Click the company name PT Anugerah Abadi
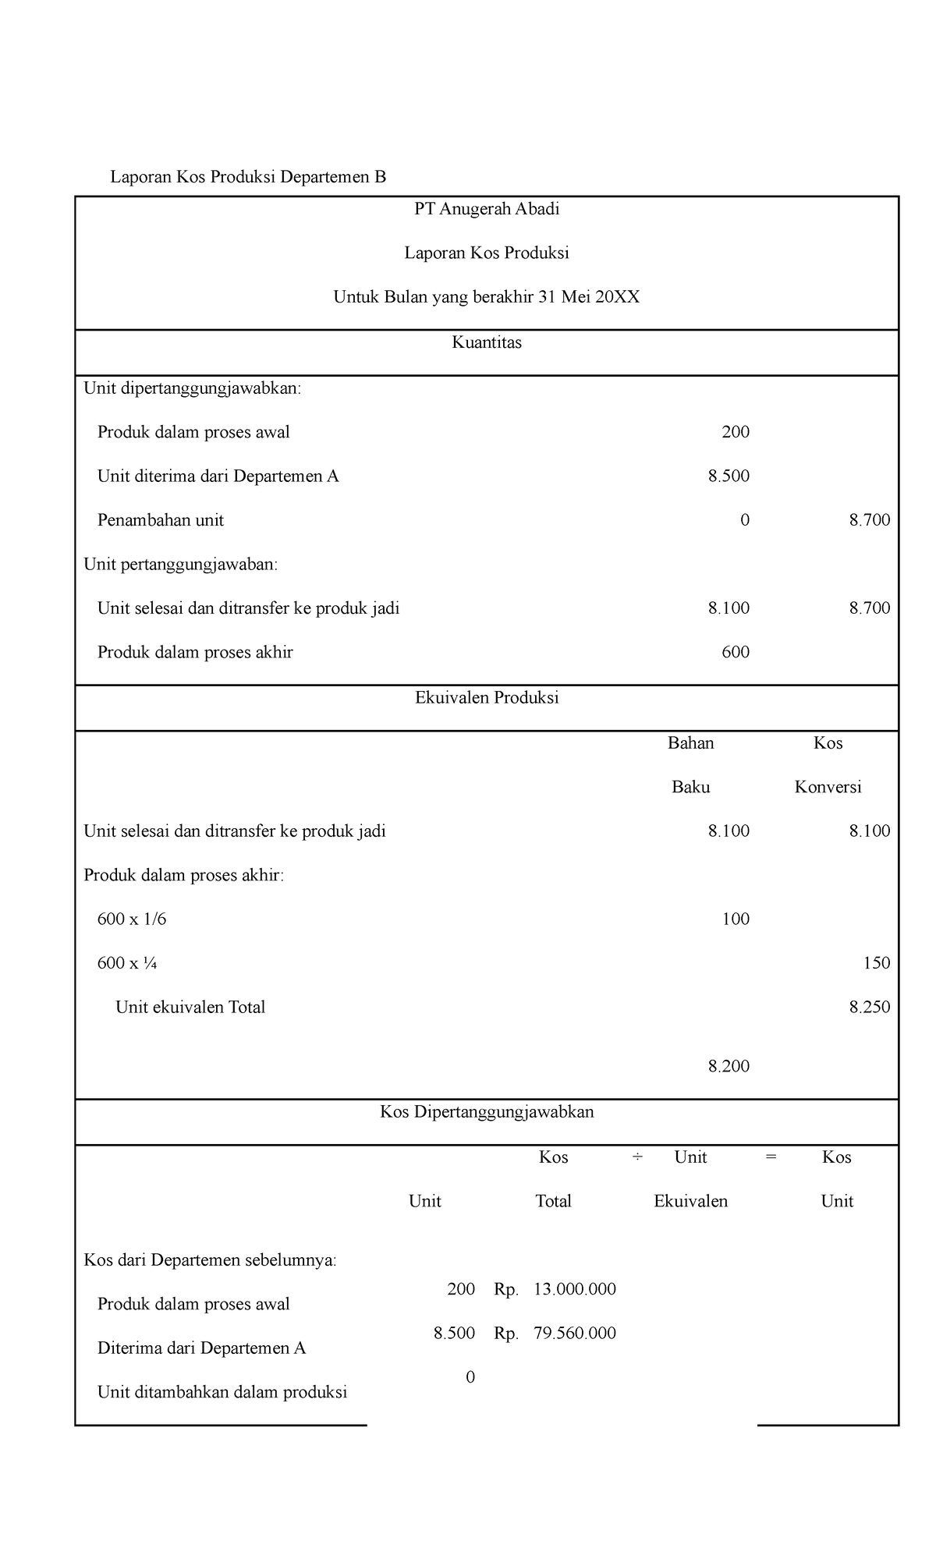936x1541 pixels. tap(487, 209)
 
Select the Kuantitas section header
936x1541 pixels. tap(487, 342)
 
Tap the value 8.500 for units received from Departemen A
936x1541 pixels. tap(729, 476)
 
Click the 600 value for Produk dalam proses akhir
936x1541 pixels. tap(736, 653)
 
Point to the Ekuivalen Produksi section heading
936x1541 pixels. tap(487, 698)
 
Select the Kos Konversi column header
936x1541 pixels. tap(828, 765)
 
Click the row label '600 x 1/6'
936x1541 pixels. tap(132, 919)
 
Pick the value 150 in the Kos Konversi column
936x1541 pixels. tap(876, 963)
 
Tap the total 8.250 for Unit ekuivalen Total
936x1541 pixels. tap(869, 1008)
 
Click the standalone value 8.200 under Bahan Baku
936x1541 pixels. tap(729, 1067)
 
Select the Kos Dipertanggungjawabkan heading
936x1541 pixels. tap(487, 1112)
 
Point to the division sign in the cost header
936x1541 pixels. tap(637, 1157)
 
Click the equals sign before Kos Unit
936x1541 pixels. tap(771, 1157)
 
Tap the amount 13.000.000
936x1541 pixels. tap(574, 1290)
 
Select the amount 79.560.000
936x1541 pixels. tap(574, 1334)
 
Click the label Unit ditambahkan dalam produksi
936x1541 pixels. tap(222, 1392)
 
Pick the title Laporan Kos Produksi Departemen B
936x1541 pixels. tap(248, 177)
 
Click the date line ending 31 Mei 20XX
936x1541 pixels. tap(487, 297)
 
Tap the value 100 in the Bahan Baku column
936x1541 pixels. tap(736, 919)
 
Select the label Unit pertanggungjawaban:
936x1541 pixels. tap(180, 565)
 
